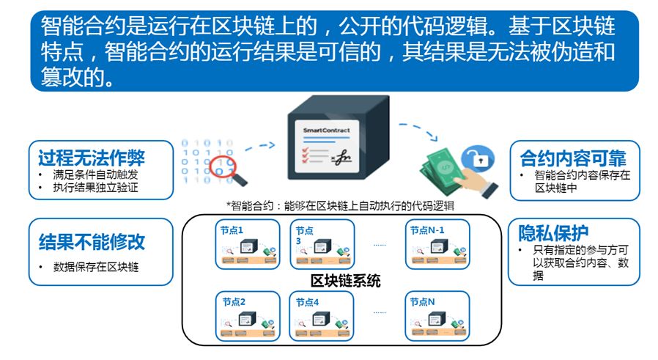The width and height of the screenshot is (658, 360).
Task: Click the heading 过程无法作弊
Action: (92, 158)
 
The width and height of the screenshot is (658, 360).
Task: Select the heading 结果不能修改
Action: (92, 242)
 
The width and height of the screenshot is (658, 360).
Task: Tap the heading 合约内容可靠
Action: (573, 158)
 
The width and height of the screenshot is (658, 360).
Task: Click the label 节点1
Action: (232, 229)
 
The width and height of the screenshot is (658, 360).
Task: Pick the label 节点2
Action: (234, 301)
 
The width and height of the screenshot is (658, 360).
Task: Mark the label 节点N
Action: (422, 301)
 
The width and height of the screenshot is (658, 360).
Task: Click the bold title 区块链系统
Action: (346, 281)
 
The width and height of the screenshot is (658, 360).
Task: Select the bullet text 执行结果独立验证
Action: (95, 188)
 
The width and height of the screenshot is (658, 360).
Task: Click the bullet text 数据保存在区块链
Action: (96, 268)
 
